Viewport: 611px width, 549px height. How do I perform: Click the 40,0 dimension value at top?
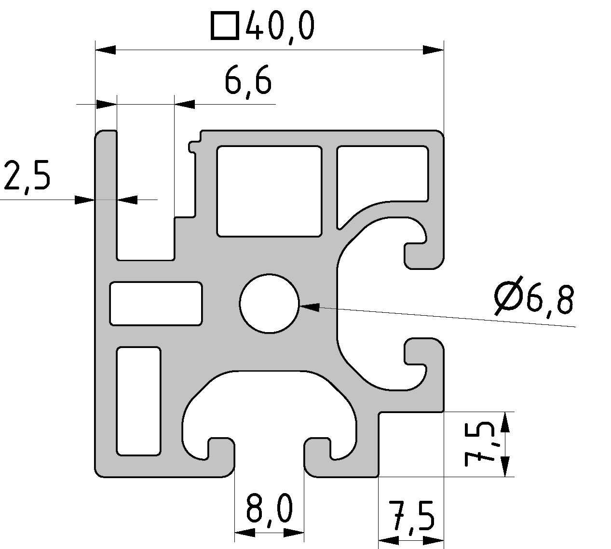click(280, 27)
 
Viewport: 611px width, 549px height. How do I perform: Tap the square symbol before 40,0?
click(224, 26)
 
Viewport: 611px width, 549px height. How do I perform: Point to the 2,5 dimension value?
click(27, 176)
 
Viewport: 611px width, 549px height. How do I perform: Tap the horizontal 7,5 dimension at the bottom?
click(410, 517)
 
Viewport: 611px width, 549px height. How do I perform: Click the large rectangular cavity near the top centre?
click(269, 191)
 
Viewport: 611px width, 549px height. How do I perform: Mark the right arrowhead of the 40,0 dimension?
click(433, 50)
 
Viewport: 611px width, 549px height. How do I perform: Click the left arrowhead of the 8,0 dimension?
click(244, 533)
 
